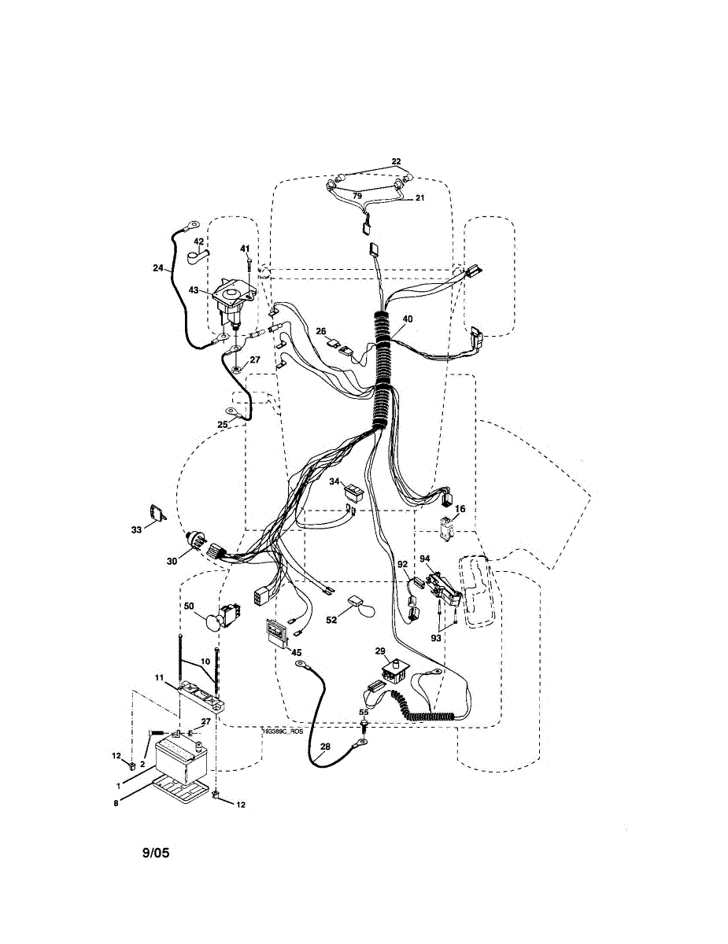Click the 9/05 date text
(x=156, y=853)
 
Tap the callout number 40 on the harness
(x=407, y=319)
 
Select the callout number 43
(x=193, y=290)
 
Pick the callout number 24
(x=158, y=267)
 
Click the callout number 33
(x=136, y=530)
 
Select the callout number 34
(x=334, y=481)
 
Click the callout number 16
(x=460, y=509)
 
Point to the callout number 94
(x=426, y=559)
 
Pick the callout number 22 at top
(x=396, y=162)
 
